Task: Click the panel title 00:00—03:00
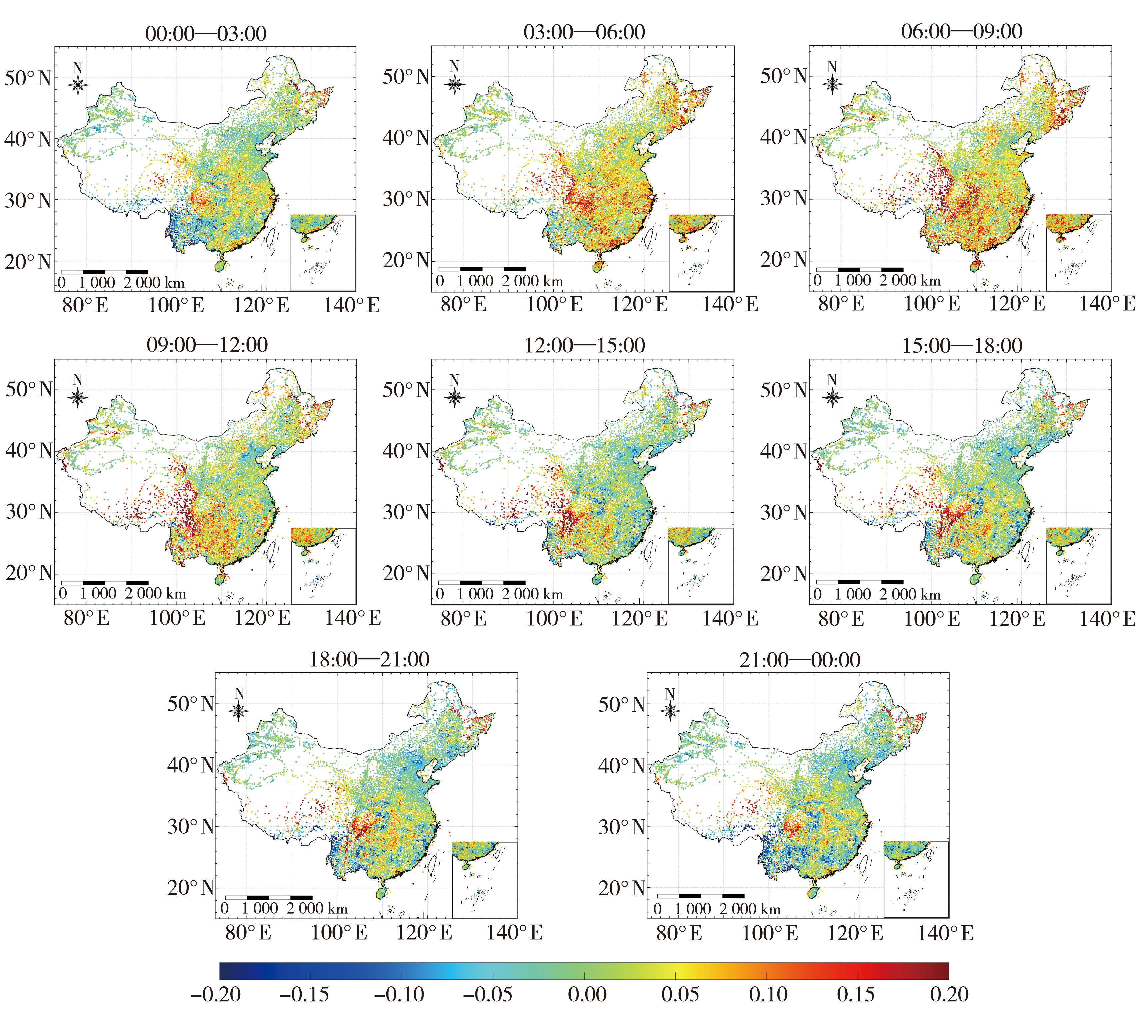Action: tap(206, 34)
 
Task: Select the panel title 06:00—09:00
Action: tap(962, 31)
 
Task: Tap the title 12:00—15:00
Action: tap(585, 345)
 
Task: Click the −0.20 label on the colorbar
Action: tap(216, 994)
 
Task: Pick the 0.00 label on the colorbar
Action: tap(587, 994)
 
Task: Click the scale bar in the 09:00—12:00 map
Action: tap(105, 583)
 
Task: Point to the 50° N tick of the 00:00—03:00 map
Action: tap(28, 78)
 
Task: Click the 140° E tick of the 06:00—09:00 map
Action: tap(1107, 304)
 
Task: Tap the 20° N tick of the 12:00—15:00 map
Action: tap(406, 573)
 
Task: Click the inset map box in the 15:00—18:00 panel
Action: tap(1078, 566)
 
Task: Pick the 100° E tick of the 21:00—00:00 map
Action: tap(769, 933)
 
